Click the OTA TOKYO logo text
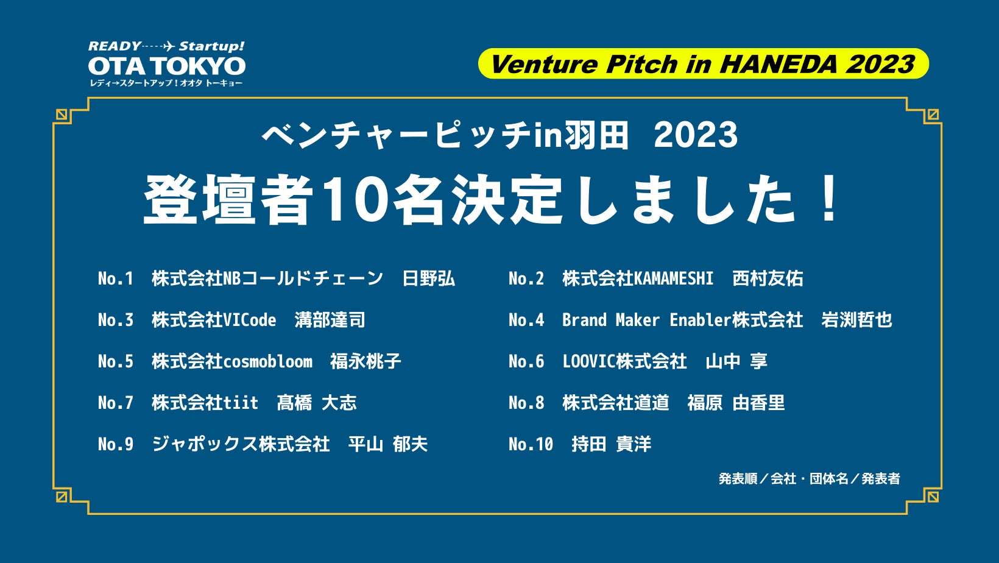coord(167,66)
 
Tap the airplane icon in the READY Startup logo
coord(168,46)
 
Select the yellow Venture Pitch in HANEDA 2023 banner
coord(704,64)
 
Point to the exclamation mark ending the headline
coord(830,197)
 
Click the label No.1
coord(116,278)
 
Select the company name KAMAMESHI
coord(674,278)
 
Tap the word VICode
coord(249,320)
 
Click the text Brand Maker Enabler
coord(647,320)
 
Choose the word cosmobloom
coord(267,361)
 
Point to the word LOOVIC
coord(589,361)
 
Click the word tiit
coord(241,403)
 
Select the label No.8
coord(526,403)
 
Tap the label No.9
coord(116,444)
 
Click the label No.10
coord(531,444)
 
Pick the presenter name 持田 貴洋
coord(612,444)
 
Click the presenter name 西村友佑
coord(768,278)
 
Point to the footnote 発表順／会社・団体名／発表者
coord(810,479)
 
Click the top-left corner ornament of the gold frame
coord(62,115)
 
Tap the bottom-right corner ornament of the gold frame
coord(933,496)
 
